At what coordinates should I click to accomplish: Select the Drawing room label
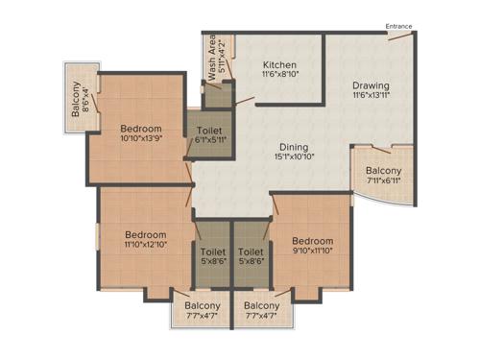point(370,85)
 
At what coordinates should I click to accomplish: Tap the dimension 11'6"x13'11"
point(370,96)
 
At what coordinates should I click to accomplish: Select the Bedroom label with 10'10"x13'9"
point(140,129)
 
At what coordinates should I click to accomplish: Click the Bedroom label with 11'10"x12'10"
point(145,235)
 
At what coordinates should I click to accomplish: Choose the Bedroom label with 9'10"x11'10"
point(313,241)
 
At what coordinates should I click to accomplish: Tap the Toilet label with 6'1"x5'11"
point(211,131)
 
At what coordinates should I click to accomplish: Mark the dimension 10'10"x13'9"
point(140,139)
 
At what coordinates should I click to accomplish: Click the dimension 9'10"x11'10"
point(313,252)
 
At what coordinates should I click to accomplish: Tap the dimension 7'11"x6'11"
point(382,181)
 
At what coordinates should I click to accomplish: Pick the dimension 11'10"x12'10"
point(145,246)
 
